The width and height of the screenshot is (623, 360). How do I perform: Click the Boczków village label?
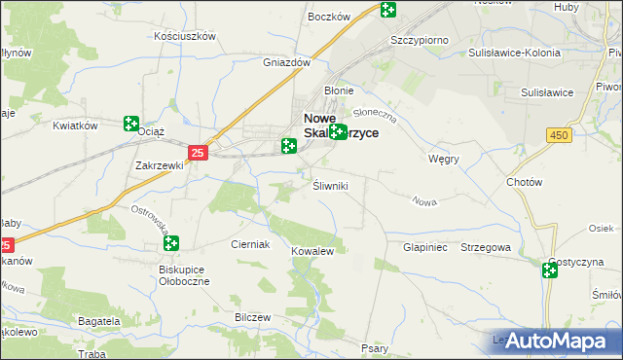tap(328, 17)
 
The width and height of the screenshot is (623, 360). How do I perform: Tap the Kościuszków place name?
tap(184, 35)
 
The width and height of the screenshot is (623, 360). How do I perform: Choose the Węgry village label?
tap(444, 158)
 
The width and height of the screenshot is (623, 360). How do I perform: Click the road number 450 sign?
tap(558, 135)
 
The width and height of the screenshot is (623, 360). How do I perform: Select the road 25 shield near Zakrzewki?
tap(198, 153)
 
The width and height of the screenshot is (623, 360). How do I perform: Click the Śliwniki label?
tap(330, 184)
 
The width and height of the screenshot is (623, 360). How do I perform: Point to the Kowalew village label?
tap(312, 251)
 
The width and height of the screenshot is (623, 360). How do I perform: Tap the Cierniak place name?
tap(249, 244)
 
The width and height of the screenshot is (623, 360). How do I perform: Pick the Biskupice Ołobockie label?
tap(178, 274)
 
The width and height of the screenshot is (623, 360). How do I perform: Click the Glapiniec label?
tap(424, 247)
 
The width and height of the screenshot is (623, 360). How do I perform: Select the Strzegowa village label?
tap(486, 247)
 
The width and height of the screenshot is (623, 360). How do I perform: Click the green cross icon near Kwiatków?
tap(131, 124)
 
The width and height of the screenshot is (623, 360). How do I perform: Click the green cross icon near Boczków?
tap(388, 10)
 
